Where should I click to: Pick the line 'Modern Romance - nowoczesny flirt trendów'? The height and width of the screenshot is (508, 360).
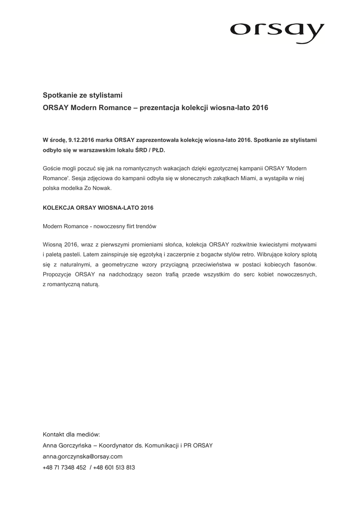(x=99, y=226)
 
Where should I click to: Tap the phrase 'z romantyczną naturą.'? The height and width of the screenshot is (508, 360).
(x=71, y=284)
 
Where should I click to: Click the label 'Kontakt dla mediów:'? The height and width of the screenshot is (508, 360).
(x=72, y=434)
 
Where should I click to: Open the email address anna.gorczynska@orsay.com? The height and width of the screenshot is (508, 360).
(x=82, y=456)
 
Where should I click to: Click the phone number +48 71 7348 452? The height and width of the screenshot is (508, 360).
(x=65, y=467)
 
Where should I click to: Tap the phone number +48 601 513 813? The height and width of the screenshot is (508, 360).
(x=114, y=467)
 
